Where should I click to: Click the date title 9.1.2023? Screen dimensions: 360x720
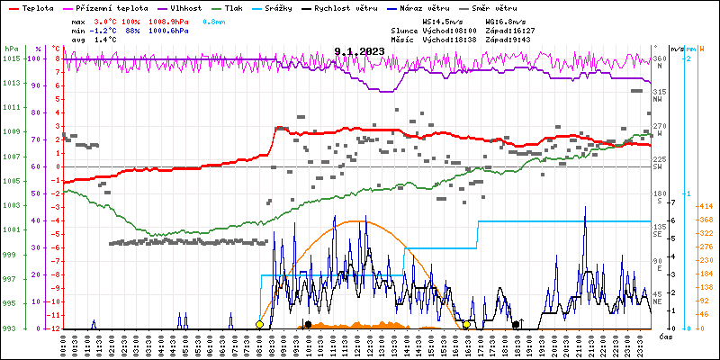[359, 51]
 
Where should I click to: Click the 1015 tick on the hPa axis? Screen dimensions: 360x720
[11, 58]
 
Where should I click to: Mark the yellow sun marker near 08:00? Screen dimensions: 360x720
[260, 324]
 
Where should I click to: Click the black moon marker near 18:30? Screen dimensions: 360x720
[516, 324]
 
